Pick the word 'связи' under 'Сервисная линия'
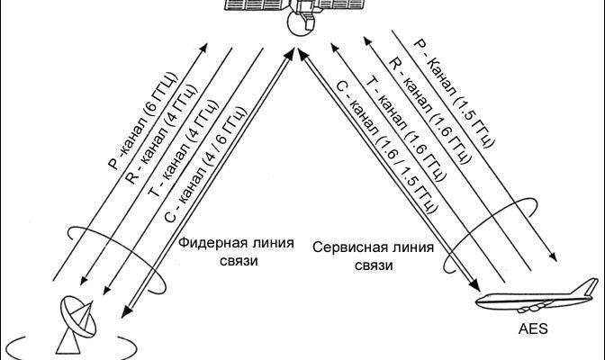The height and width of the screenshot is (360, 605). (374, 266)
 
